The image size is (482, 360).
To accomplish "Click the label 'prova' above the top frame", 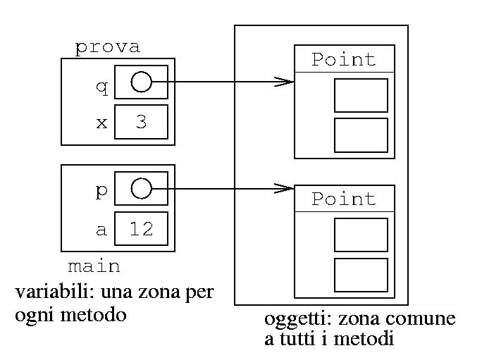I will [107, 47].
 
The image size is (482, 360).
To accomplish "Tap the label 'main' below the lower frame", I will [94, 267].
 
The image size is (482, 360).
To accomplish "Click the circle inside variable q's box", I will [141, 82].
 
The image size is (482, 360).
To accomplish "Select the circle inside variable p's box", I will [141, 189].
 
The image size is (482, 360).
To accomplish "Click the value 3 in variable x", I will [141, 122].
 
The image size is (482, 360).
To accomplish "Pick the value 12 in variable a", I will [141, 229].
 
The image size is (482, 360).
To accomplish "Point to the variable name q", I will [101, 87].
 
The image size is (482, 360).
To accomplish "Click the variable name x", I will [101, 123].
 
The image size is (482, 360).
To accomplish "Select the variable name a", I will [101, 230].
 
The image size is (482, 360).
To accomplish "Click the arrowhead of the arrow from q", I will [285, 82].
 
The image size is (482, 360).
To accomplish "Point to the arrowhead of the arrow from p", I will [285, 189].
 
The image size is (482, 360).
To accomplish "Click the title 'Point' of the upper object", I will [344, 59].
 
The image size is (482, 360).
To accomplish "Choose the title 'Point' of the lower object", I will [344, 199].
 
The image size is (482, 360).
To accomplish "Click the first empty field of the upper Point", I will [361, 95].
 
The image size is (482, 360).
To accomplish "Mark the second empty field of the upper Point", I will [361, 135].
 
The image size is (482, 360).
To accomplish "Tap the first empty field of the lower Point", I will [361, 235].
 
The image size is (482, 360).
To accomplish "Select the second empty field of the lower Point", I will [361, 275].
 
